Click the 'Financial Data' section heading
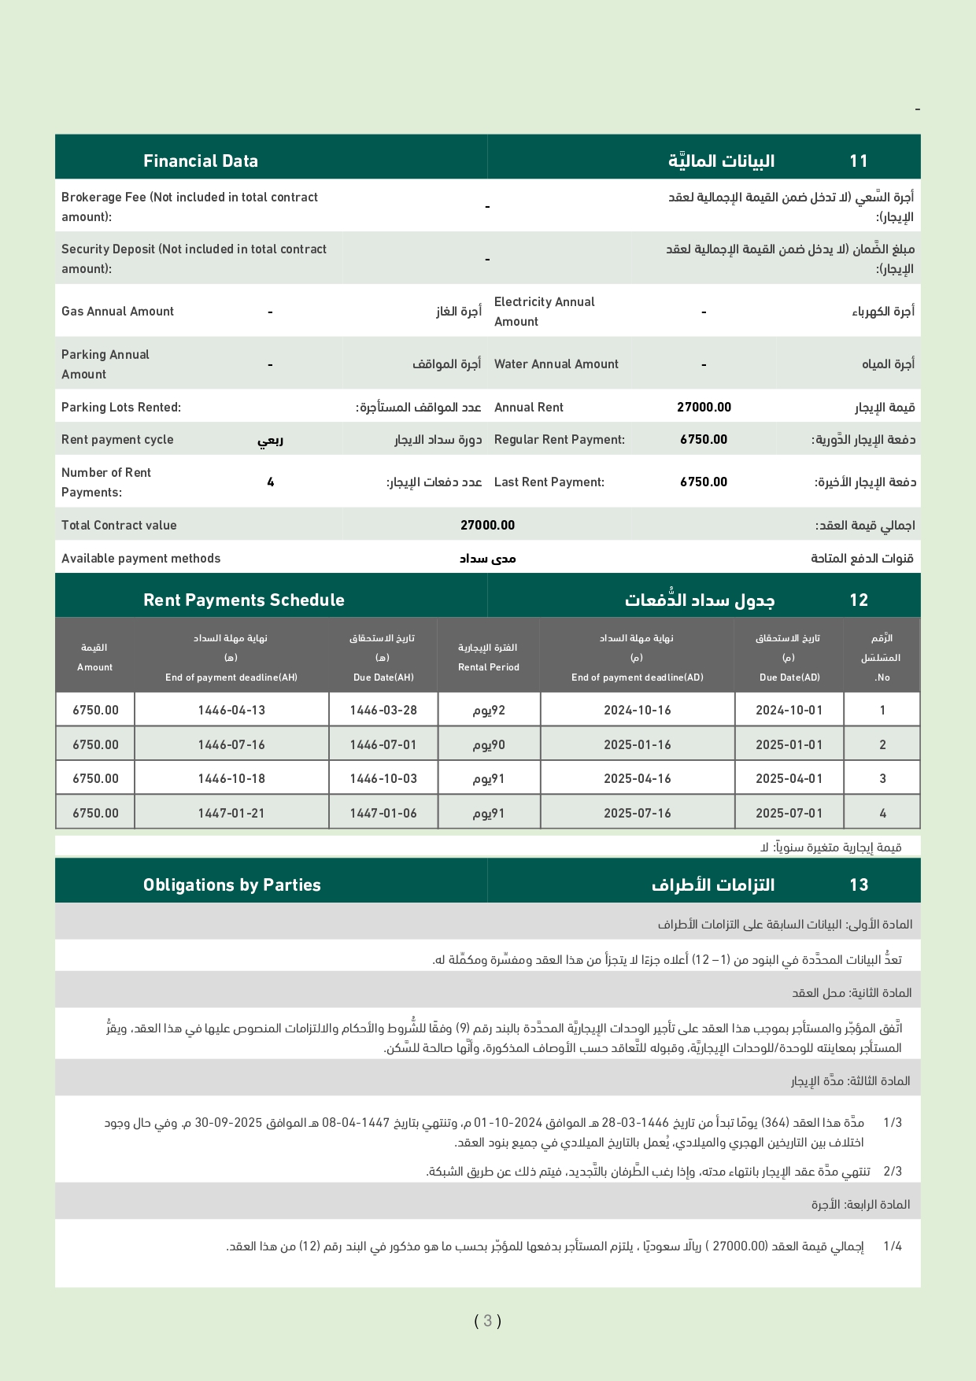(201, 161)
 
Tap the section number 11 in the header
(858, 161)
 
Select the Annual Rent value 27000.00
(704, 408)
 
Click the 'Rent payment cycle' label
(117, 440)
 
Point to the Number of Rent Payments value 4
(270, 482)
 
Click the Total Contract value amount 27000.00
(487, 526)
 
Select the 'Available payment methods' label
(141, 559)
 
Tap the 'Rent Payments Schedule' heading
(244, 600)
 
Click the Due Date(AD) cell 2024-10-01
(789, 711)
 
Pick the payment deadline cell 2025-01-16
(637, 745)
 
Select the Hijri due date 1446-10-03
(383, 779)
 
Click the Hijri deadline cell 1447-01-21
(231, 814)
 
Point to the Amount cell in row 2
(95, 745)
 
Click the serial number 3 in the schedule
(882, 779)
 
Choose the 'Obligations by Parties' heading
(232, 885)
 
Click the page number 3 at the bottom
(487, 1321)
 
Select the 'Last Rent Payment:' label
(549, 482)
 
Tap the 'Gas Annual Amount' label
(117, 312)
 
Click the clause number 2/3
(893, 1172)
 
